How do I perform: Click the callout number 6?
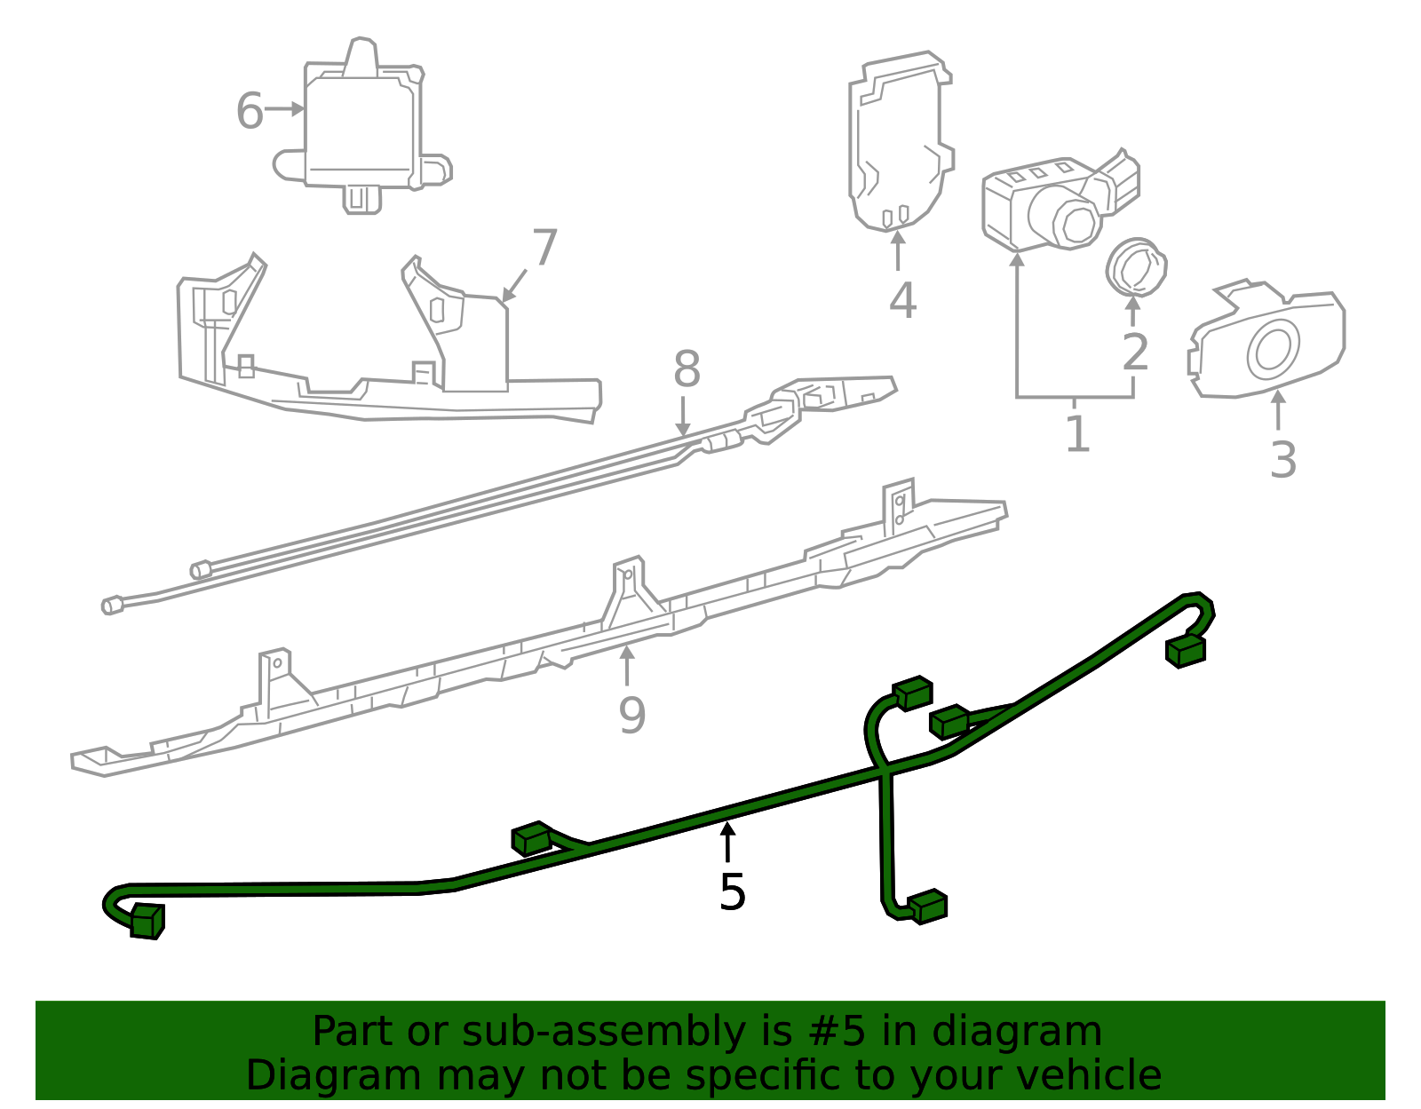click(250, 112)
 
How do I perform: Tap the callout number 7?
click(544, 248)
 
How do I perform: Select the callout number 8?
click(687, 369)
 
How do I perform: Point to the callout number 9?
click(631, 715)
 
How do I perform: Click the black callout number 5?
click(732, 892)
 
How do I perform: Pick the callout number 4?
click(902, 300)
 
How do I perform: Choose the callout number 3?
click(1282, 460)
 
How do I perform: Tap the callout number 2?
click(1135, 353)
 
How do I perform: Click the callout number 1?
click(1076, 434)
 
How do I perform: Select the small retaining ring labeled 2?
click(1136, 266)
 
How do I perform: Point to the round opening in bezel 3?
click(1274, 348)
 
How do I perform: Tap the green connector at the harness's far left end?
click(147, 921)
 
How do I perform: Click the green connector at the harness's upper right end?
click(1185, 650)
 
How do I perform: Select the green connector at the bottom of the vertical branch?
click(928, 907)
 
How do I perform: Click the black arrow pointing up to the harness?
click(727, 841)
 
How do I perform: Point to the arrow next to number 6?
click(286, 109)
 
